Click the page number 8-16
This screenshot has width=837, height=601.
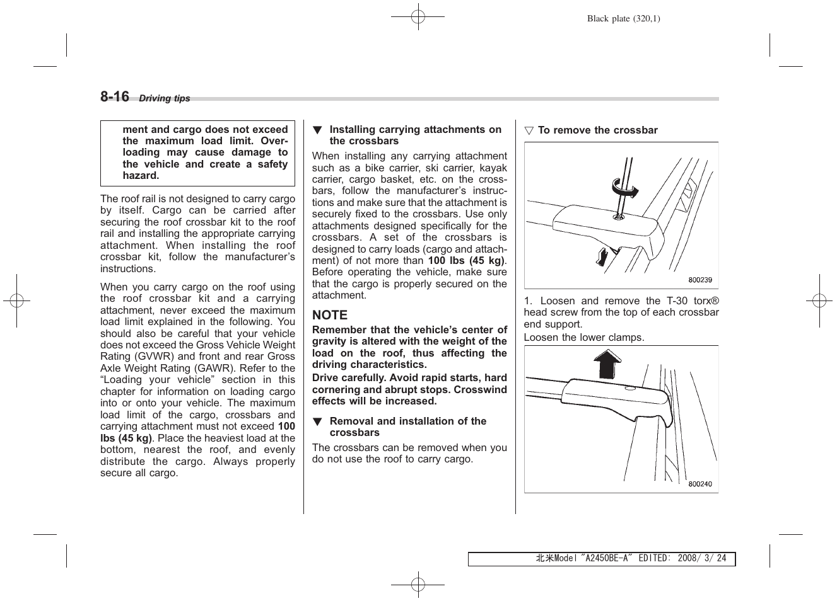click(114, 96)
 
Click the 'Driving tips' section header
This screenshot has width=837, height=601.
click(164, 98)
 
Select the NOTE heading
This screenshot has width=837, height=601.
click(329, 315)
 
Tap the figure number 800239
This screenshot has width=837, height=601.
click(699, 280)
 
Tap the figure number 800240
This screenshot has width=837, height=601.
click(699, 484)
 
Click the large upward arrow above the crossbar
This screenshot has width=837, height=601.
click(607, 364)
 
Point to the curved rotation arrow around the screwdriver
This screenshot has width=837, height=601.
click(624, 188)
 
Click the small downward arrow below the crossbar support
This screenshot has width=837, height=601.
click(602, 256)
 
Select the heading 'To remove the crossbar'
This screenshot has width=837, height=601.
click(597, 130)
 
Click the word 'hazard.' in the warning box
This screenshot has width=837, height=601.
click(141, 176)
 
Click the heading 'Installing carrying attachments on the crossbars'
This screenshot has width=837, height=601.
click(415, 135)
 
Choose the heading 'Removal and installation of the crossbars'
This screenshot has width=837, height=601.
click(407, 426)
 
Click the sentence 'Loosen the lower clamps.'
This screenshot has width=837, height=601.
click(584, 337)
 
